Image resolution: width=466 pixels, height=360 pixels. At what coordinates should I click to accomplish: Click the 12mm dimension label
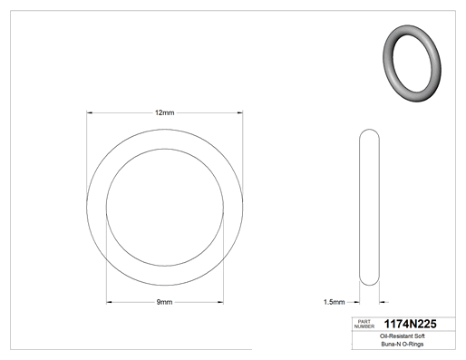coord(165,112)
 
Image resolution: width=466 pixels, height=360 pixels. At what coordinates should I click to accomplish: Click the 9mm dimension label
coord(164,302)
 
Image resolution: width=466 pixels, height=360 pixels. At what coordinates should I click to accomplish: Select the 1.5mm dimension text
coord(334,302)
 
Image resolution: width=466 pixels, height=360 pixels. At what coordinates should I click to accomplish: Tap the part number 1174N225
coord(410,324)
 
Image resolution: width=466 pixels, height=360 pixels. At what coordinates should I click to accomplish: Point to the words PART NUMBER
coord(364,324)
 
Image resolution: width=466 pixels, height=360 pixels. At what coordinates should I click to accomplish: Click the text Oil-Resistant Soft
coord(403,336)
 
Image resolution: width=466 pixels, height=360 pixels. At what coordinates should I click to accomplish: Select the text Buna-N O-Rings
coord(403,344)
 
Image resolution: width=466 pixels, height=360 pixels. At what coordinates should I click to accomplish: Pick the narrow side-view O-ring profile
coord(360,208)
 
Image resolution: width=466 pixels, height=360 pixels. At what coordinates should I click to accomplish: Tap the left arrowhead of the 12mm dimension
coord(89,112)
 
